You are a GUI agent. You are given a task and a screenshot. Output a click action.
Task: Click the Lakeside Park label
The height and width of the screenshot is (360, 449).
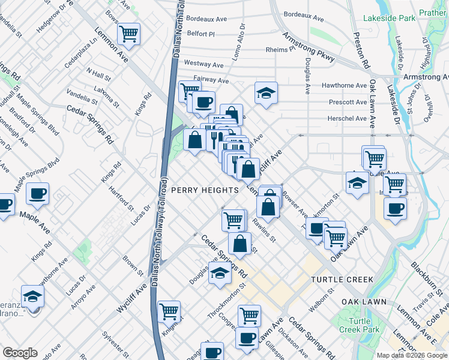tap(393, 18)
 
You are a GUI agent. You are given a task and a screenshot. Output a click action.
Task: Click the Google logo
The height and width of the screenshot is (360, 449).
tap(20, 352)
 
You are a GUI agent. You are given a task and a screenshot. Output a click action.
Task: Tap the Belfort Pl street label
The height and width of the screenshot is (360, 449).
tap(200, 34)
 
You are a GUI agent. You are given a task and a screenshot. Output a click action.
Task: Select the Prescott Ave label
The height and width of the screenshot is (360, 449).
tap(348, 102)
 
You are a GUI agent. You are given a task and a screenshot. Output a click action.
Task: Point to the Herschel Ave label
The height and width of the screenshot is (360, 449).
tap(348, 118)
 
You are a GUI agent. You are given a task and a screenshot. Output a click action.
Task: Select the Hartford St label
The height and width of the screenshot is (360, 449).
tap(121, 199)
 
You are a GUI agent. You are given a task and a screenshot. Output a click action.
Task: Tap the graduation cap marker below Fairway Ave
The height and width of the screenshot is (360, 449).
tap(266, 93)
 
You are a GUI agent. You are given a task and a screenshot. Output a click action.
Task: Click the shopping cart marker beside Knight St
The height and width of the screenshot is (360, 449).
tap(169, 311)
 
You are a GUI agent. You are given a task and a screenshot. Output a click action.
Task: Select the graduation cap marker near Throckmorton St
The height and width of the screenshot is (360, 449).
tap(220, 274)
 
